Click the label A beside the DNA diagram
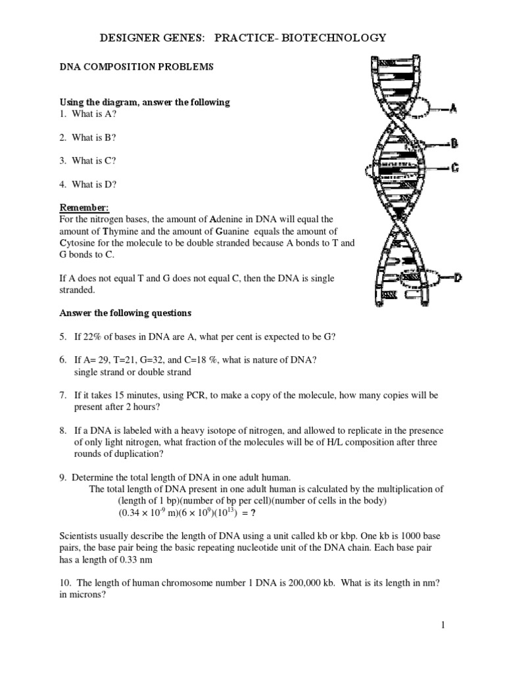[x=452, y=108]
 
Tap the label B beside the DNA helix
[x=453, y=143]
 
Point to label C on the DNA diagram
[x=454, y=168]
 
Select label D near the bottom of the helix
[x=457, y=278]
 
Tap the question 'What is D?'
[x=96, y=184]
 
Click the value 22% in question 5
[x=92, y=336]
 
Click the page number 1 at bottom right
[x=443, y=625]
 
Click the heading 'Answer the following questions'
[x=126, y=313]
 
